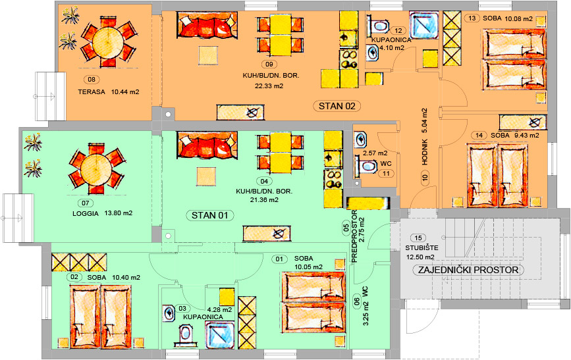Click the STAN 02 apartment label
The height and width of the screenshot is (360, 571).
pyautogui.click(x=337, y=107)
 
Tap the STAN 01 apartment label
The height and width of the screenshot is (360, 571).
pyautogui.click(x=209, y=215)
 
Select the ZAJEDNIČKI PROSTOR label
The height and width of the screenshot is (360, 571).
pyautogui.click(x=468, y=270)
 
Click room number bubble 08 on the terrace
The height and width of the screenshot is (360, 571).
pyautogui.click(x=92, y=80)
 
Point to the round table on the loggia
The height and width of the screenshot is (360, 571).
pyautogui.click(x=96, y=169)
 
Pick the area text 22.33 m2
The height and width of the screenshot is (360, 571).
pyautogui.click(x=269, y=86)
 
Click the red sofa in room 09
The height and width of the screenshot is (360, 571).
pyautogui.click(x=207, y=25)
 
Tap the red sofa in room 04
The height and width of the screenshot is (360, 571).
pyautogui.click(x=207, y=145)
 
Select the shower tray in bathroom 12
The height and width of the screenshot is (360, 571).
pyautogui.click(x=423, y=25)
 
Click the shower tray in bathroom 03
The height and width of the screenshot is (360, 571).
pyautogui.click(x=220, y=335)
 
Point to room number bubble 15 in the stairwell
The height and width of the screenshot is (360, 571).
pyautogui.click(x=418, y=238)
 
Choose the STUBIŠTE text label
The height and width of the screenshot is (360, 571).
pyautogui.click(x=421, y=248)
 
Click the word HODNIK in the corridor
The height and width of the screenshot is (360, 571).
pyautogui.click(x=425, y=151)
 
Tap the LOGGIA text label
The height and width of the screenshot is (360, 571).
pyautogui.click(x=86, y=214)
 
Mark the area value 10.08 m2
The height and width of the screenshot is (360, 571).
pyautogui.click(x=518, y=18)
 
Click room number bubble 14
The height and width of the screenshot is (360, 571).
pyautogui.click(x=479, y=136)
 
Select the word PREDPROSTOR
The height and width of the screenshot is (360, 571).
pyautogui.click(x=355, y=236)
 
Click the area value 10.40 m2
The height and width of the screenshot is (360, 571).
pyautogui.click(x=126, y=277)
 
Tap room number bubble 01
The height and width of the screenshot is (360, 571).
pyautogui.click(x=279, y=259)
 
